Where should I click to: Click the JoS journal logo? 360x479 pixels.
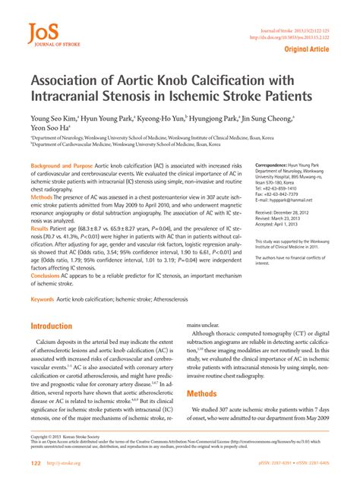46,35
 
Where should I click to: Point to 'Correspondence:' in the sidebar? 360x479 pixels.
276,165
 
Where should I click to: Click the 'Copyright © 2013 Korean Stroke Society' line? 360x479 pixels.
71,437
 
